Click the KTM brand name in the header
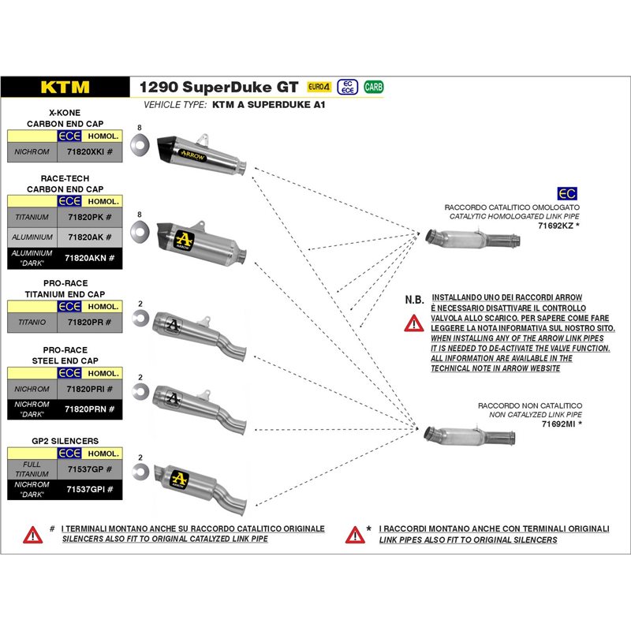pos(65,88)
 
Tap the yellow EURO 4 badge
pos(318,87)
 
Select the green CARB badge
pos(374,87)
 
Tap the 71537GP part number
pos(87,469)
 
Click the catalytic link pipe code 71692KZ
pos(557,225)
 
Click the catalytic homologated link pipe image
pos(472,237)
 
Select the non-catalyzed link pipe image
pos(470,435)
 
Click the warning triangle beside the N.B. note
pos(414,322)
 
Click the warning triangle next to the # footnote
pos(32,534)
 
